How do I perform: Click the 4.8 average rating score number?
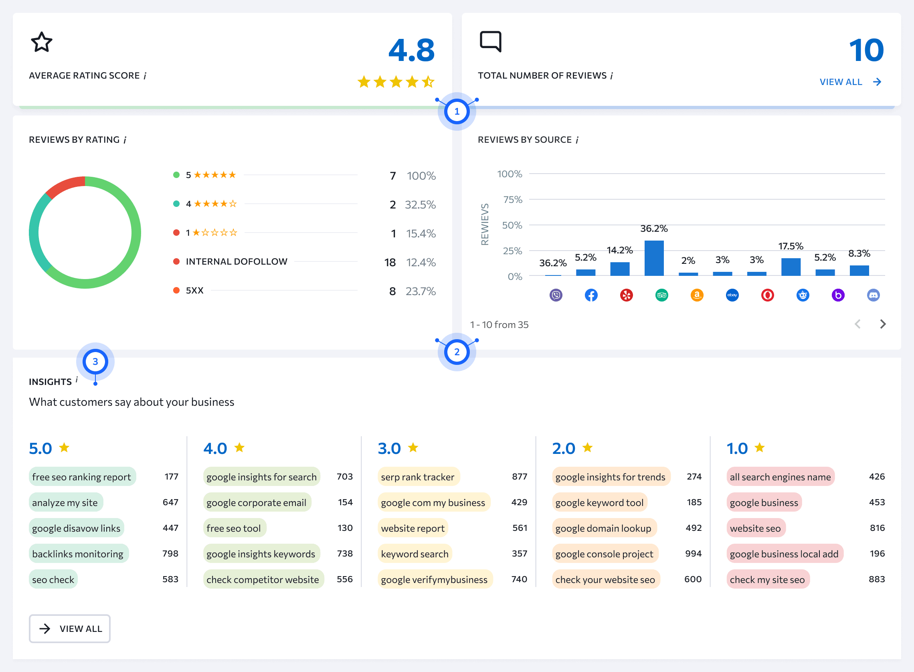411,51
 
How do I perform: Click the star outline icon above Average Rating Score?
41,42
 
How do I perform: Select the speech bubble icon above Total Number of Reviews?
490,41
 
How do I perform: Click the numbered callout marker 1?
457,111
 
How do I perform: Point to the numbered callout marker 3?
95,362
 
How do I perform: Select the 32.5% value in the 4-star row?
420,204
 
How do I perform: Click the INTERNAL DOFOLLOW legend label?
236,261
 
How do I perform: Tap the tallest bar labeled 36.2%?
654,258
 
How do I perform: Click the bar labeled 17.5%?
791,267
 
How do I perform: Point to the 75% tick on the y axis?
512,200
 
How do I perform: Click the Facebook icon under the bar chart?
591,296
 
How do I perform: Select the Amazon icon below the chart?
697,296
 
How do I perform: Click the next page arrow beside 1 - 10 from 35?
883,324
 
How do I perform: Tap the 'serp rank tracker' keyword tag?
418,477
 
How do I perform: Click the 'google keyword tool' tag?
599,502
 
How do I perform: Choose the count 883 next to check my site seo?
877,579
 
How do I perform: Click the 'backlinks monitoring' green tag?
78,554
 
